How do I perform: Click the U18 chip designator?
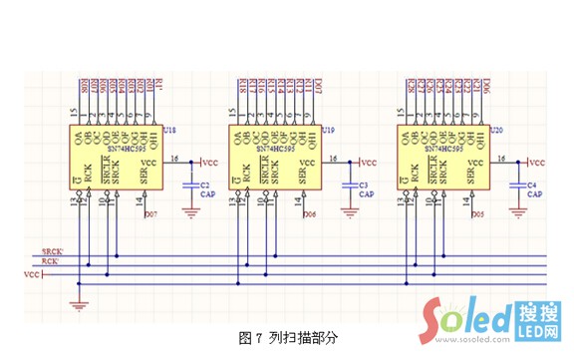[x=168, y=130]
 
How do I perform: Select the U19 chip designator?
[x=329, y=130]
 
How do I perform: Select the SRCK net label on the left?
[x=52, y=250]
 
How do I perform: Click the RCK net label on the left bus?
[x=51, y=260]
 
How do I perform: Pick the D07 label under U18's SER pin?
[x=150, y=214]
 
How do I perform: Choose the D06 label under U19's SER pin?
[x=310, y=214]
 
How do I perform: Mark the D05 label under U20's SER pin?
[x=478, y=214]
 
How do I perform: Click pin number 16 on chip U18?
[x=174, y=158]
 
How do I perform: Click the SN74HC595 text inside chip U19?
[x=276, y=147]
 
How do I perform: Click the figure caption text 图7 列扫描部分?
[x=289, y=337]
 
